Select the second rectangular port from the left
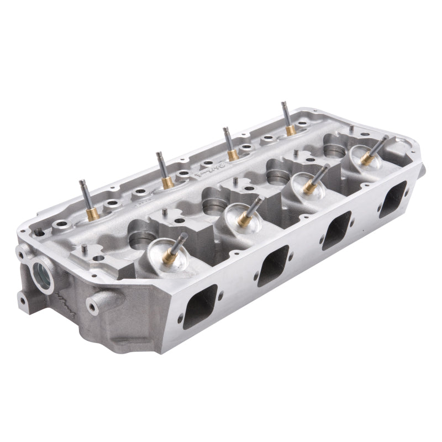point(273,265)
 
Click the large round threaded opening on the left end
point(42,273)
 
